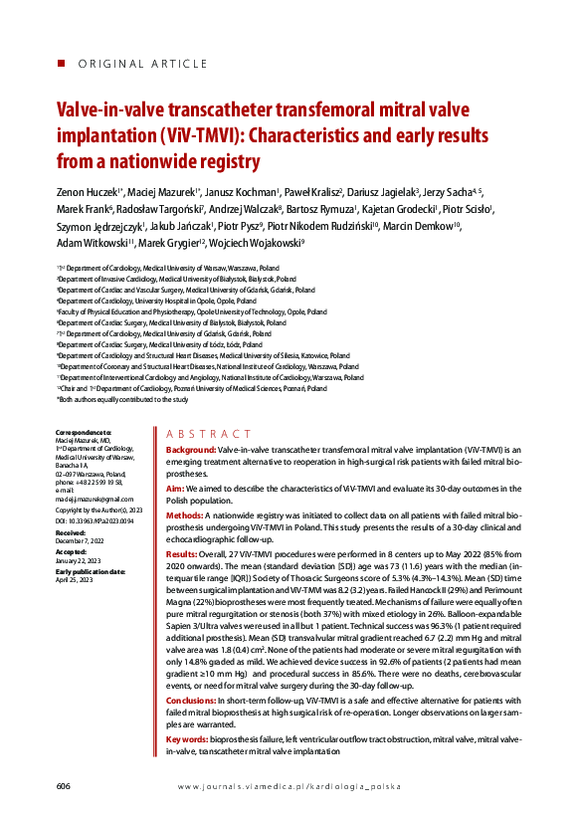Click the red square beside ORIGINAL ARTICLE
(60, 64)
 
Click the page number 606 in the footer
(63, 786)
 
